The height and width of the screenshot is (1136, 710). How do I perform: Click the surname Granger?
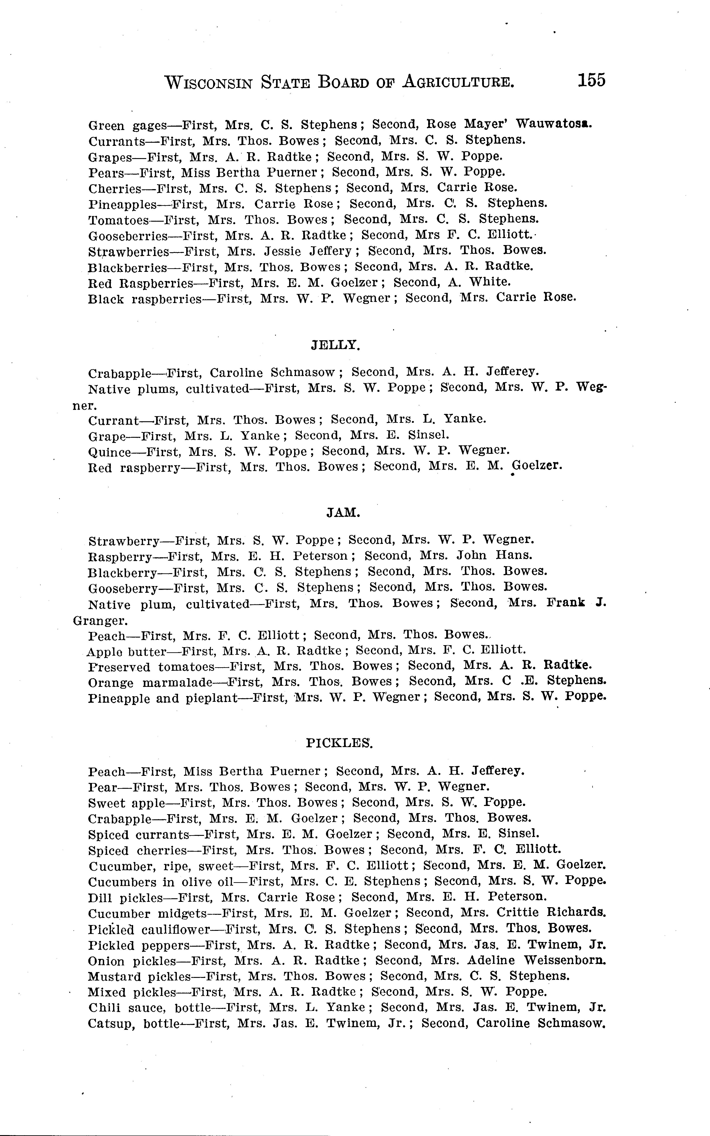(99, 621)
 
